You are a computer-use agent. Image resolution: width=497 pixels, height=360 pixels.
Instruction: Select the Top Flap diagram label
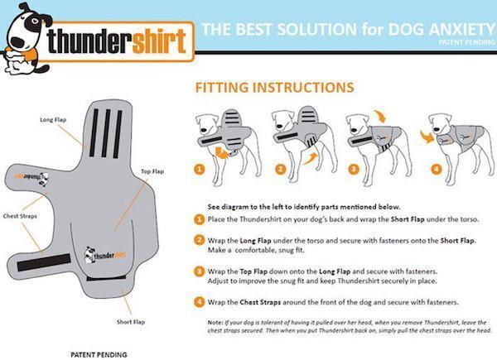tap(152, 171)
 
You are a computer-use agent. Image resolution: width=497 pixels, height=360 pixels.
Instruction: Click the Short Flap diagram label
tap(131, 322)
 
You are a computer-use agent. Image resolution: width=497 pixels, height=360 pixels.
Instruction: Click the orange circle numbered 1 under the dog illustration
tap(199, 170)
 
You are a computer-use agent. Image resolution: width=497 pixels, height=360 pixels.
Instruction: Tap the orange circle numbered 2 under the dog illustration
tap(279, 170)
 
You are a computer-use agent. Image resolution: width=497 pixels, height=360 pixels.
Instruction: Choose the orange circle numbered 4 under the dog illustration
tap(435, 170)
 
